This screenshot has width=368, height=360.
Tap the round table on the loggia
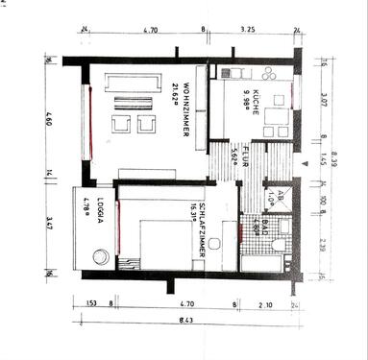pos(99,256)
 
